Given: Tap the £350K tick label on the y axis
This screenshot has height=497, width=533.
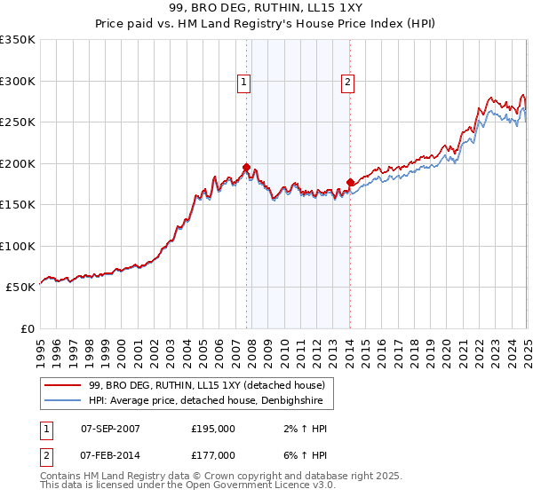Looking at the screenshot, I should click(x=18, y=40).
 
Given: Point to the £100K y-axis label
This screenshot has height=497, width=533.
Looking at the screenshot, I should click(x=18, y=246).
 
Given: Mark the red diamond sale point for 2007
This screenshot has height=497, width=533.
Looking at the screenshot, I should click(x=246, y=167).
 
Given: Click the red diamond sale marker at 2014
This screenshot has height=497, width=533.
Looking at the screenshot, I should click(x=350, y=183).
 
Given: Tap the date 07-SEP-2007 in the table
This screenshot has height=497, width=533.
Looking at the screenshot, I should click(x=110, y=429).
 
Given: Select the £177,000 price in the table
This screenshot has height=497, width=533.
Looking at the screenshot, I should click(x=213, y=455).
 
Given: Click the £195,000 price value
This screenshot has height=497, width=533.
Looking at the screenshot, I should click(x=213, y=429).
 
